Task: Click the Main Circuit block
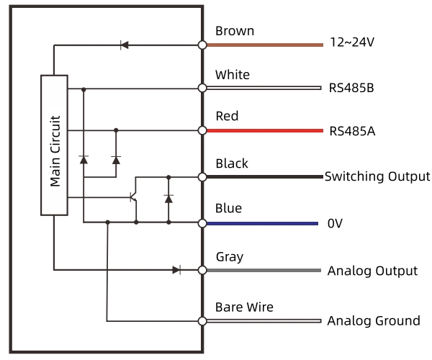[x=55, y=144]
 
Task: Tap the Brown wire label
[x=235, y=31]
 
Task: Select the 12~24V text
[x=351, y=42]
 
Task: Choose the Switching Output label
[x=377, y=176]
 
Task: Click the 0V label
[x=335, y=223]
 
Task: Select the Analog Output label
[x=372, y=271]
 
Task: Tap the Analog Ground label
[x=374, y=320]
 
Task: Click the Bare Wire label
[x=244, y=307]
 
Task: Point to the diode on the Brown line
[x=124, y=45]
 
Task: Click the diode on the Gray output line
[x=176, y=270]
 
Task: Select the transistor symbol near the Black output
[x=133, y=197]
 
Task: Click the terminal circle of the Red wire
[x=202, y=131]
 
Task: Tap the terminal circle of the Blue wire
[x=202, y=223]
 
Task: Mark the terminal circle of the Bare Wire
[x=202, y=320]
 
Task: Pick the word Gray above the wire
[x=230, y=256]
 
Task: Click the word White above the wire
[x=233, y=75]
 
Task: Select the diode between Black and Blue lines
[x=168, y=197]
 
